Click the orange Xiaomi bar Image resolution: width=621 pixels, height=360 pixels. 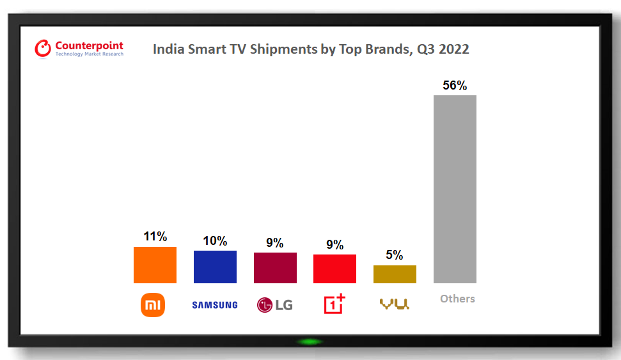tap(155, 265)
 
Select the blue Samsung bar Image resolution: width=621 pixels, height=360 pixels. tap(215, 267)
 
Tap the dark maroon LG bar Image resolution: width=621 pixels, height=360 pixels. tap(275, 267)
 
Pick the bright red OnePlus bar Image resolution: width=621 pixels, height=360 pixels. tap(334, 269)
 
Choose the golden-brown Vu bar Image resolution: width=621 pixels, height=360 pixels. tap(395, 274)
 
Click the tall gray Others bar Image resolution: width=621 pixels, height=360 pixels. tap(455, 189)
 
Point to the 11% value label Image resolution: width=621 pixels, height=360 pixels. tap(155, 237)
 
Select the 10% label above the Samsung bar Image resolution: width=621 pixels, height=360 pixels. tap(215, 241)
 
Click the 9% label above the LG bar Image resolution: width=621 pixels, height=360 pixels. tap(275, 243)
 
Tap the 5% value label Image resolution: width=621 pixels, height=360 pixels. tap(395, 255)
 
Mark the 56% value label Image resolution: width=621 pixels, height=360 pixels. tap(455, 86)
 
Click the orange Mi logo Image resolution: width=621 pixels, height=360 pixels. tap(153, 305)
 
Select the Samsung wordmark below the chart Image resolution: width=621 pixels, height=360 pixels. tap(215, 305)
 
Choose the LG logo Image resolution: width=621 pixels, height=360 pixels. tap(275, 305)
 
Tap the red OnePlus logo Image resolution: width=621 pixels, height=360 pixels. tap(334, 304)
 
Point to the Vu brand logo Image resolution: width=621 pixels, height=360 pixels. tap(395, 304)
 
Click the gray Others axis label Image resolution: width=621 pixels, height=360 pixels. tap(457, 299)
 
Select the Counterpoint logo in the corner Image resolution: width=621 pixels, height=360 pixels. tap(79, 49)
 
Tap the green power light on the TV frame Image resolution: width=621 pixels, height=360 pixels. tap(310, 341)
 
